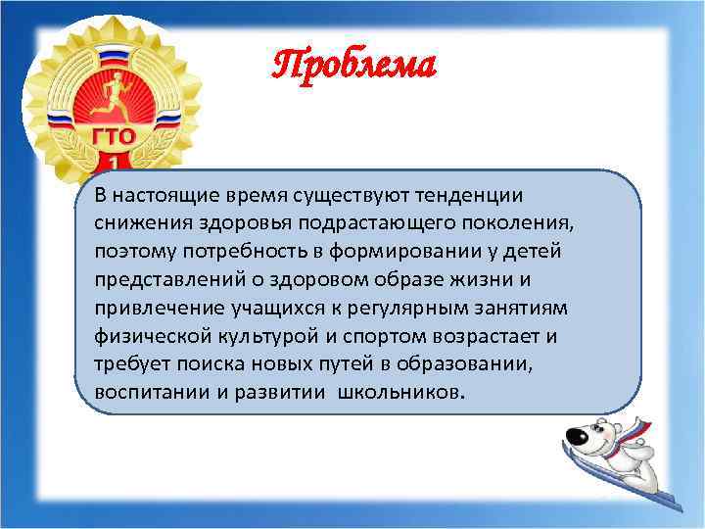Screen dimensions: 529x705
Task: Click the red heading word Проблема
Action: (x=353, y=66)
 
